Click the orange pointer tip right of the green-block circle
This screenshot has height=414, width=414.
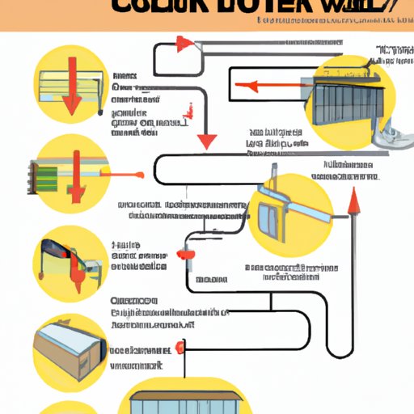139,172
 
